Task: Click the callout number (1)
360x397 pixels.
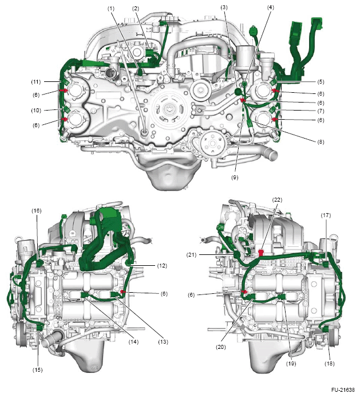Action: (111, 9)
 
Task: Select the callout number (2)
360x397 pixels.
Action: (136, 9)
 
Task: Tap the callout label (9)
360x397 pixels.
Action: (235, 178)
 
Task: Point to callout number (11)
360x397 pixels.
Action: (35, 82)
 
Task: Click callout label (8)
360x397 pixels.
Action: (321, 142)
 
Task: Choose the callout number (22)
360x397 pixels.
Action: (277, 200)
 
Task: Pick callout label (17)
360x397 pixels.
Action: (326, 215)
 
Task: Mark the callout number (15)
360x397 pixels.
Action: (37, 370)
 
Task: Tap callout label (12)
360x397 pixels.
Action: (162, 266)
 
